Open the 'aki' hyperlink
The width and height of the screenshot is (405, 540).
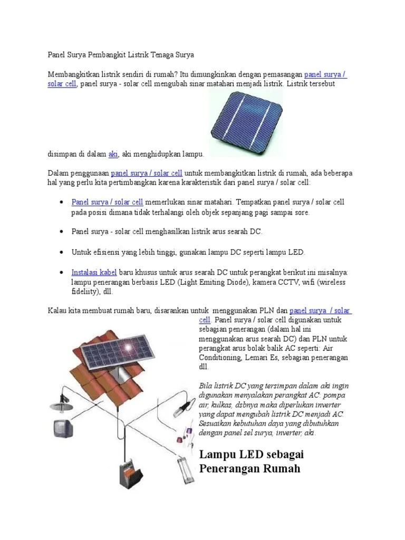(x=113, y=153)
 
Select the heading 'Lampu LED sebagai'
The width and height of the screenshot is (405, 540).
(x=252, y=454)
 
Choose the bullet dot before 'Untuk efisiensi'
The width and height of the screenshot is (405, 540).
(x=62, y=252)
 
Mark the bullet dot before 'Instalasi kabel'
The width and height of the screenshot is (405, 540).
(x=62, y=272)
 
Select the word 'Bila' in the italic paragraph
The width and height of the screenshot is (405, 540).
(x=204, y=385)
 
